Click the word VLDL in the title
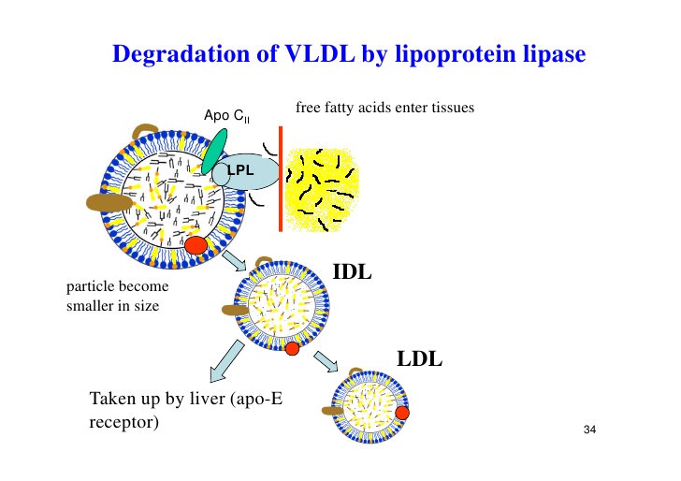[x=320, y=53]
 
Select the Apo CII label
[x=226, y=116]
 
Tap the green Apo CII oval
[x=213, y=152]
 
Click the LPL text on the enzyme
[x=240, y=170]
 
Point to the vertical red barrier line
[x=281, y=179]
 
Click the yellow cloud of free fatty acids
[x=322, y=189]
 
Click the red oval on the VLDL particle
[x=196, y=245]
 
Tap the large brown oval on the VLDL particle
[x=109, y=203]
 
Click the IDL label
[x=352, y=272]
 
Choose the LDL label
[x=419, y=359]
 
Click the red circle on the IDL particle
[x=292, y=348]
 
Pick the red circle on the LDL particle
[x=402, y=413]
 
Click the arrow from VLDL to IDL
[x=234, y=261]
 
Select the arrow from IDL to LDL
[x=326, y=361]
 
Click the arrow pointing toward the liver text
[x=226, y=361]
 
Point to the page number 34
[x=589, y=430]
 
